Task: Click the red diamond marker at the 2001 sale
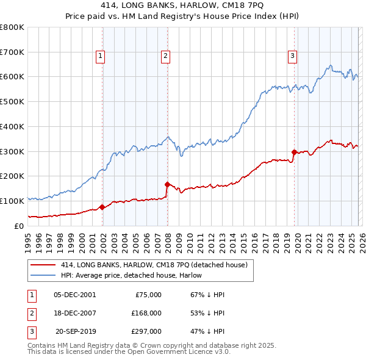pos(102,207)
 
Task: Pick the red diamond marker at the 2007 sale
pos(167,184)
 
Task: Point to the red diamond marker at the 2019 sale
pos(294,152)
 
